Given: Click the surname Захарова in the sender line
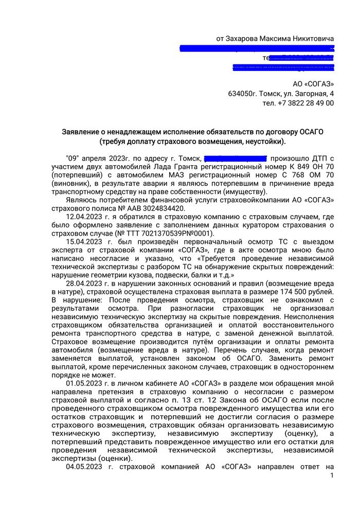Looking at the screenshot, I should [x=246, y=39].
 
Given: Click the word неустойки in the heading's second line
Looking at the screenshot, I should [x=265, y=142].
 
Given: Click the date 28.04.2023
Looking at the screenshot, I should [x=84, y=283].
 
